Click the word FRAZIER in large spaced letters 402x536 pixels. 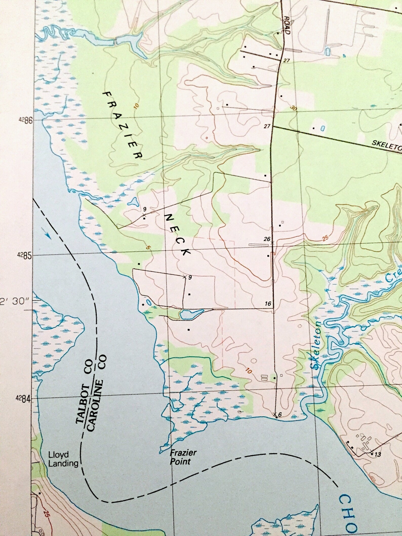coord(122,125)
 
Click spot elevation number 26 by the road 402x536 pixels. coord(267,239)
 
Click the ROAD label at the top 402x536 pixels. coord(287,25)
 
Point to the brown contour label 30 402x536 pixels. coord(293,108)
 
